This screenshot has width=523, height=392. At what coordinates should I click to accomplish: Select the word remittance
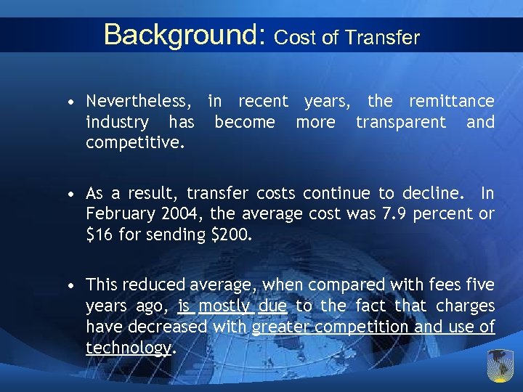[451, 101]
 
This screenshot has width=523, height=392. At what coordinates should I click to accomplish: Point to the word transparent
[401, 122]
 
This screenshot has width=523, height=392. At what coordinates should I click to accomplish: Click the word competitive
[134, 142]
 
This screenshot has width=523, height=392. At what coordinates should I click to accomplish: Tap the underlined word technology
[128, 348]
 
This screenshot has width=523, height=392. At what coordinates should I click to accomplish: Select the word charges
[466, 306]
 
